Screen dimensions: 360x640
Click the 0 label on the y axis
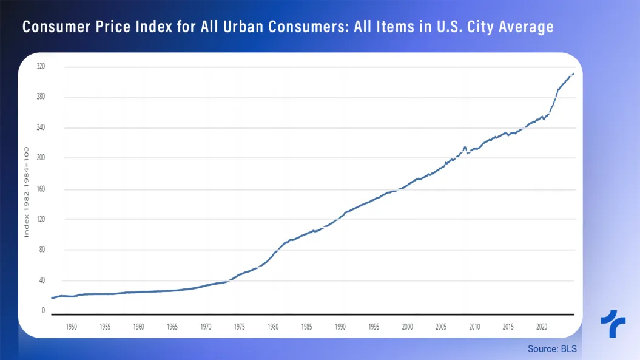tap(43, 310)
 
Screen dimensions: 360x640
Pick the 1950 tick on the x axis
tap(72, 327)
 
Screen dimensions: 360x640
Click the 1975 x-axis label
tap(240, 327)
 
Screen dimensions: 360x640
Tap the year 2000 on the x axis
tap(407, 327)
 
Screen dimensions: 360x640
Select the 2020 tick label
tap(542, 327)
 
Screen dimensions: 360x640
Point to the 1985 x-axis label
tap(306, 327)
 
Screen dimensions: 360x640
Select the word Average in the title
tap(523, 27)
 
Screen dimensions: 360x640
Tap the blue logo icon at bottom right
tap(613, 324)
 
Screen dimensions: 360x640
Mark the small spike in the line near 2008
tap(465, 147)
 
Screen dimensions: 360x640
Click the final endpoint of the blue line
tap(573, 73)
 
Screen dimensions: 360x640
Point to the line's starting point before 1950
tap(52, 298)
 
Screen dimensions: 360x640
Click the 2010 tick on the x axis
tap(474, 327)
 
